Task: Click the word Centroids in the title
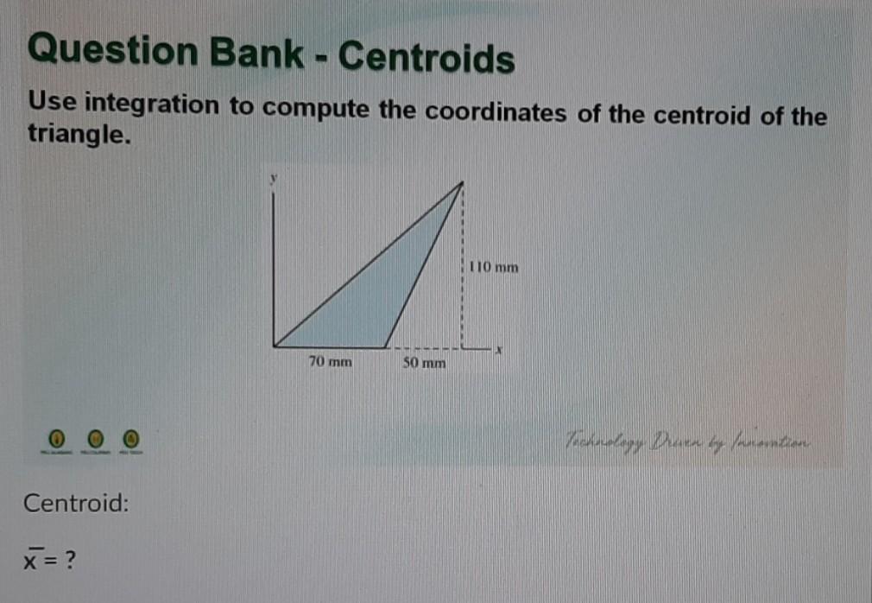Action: (426, 59)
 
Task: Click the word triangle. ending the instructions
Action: (79, 136)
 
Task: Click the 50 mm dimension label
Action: (425, 364)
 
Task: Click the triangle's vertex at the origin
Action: (275, 346)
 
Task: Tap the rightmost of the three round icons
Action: (130, 440)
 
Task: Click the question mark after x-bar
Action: (70, 562)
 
